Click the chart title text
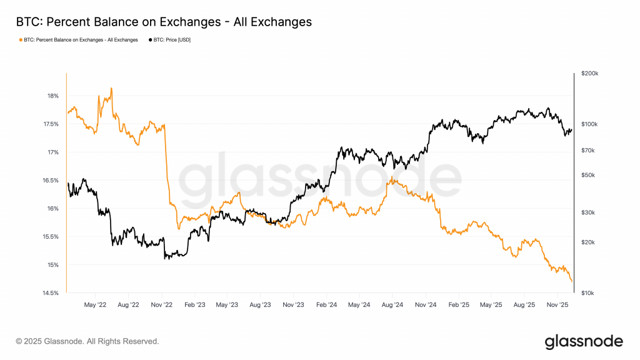point(164,22)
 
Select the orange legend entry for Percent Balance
point(79,40)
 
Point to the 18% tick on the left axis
point(52,96)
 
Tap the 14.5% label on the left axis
point(50,293)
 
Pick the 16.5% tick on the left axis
point(50,181)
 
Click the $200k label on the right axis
point(589,74)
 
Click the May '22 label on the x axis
point(95,306)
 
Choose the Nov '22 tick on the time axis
point(162,306)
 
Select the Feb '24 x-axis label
point(327,306)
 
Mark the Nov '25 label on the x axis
point(557,306)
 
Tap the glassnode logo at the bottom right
point(584,341)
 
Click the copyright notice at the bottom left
point(87,341)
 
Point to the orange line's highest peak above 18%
point(111,88)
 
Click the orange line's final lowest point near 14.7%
point(572,282)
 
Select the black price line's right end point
point(572,129)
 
